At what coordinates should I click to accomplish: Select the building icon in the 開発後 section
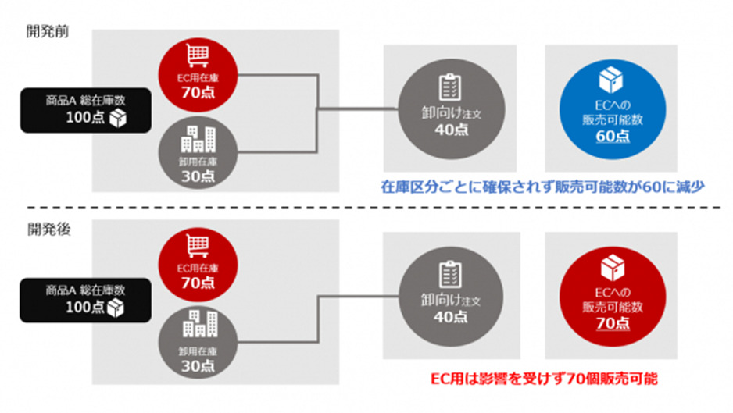pos(195,322)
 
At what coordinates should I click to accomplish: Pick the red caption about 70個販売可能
pos(544,379)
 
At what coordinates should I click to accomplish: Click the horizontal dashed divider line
pos(366,208)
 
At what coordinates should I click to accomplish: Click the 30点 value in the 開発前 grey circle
pos(195,176)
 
